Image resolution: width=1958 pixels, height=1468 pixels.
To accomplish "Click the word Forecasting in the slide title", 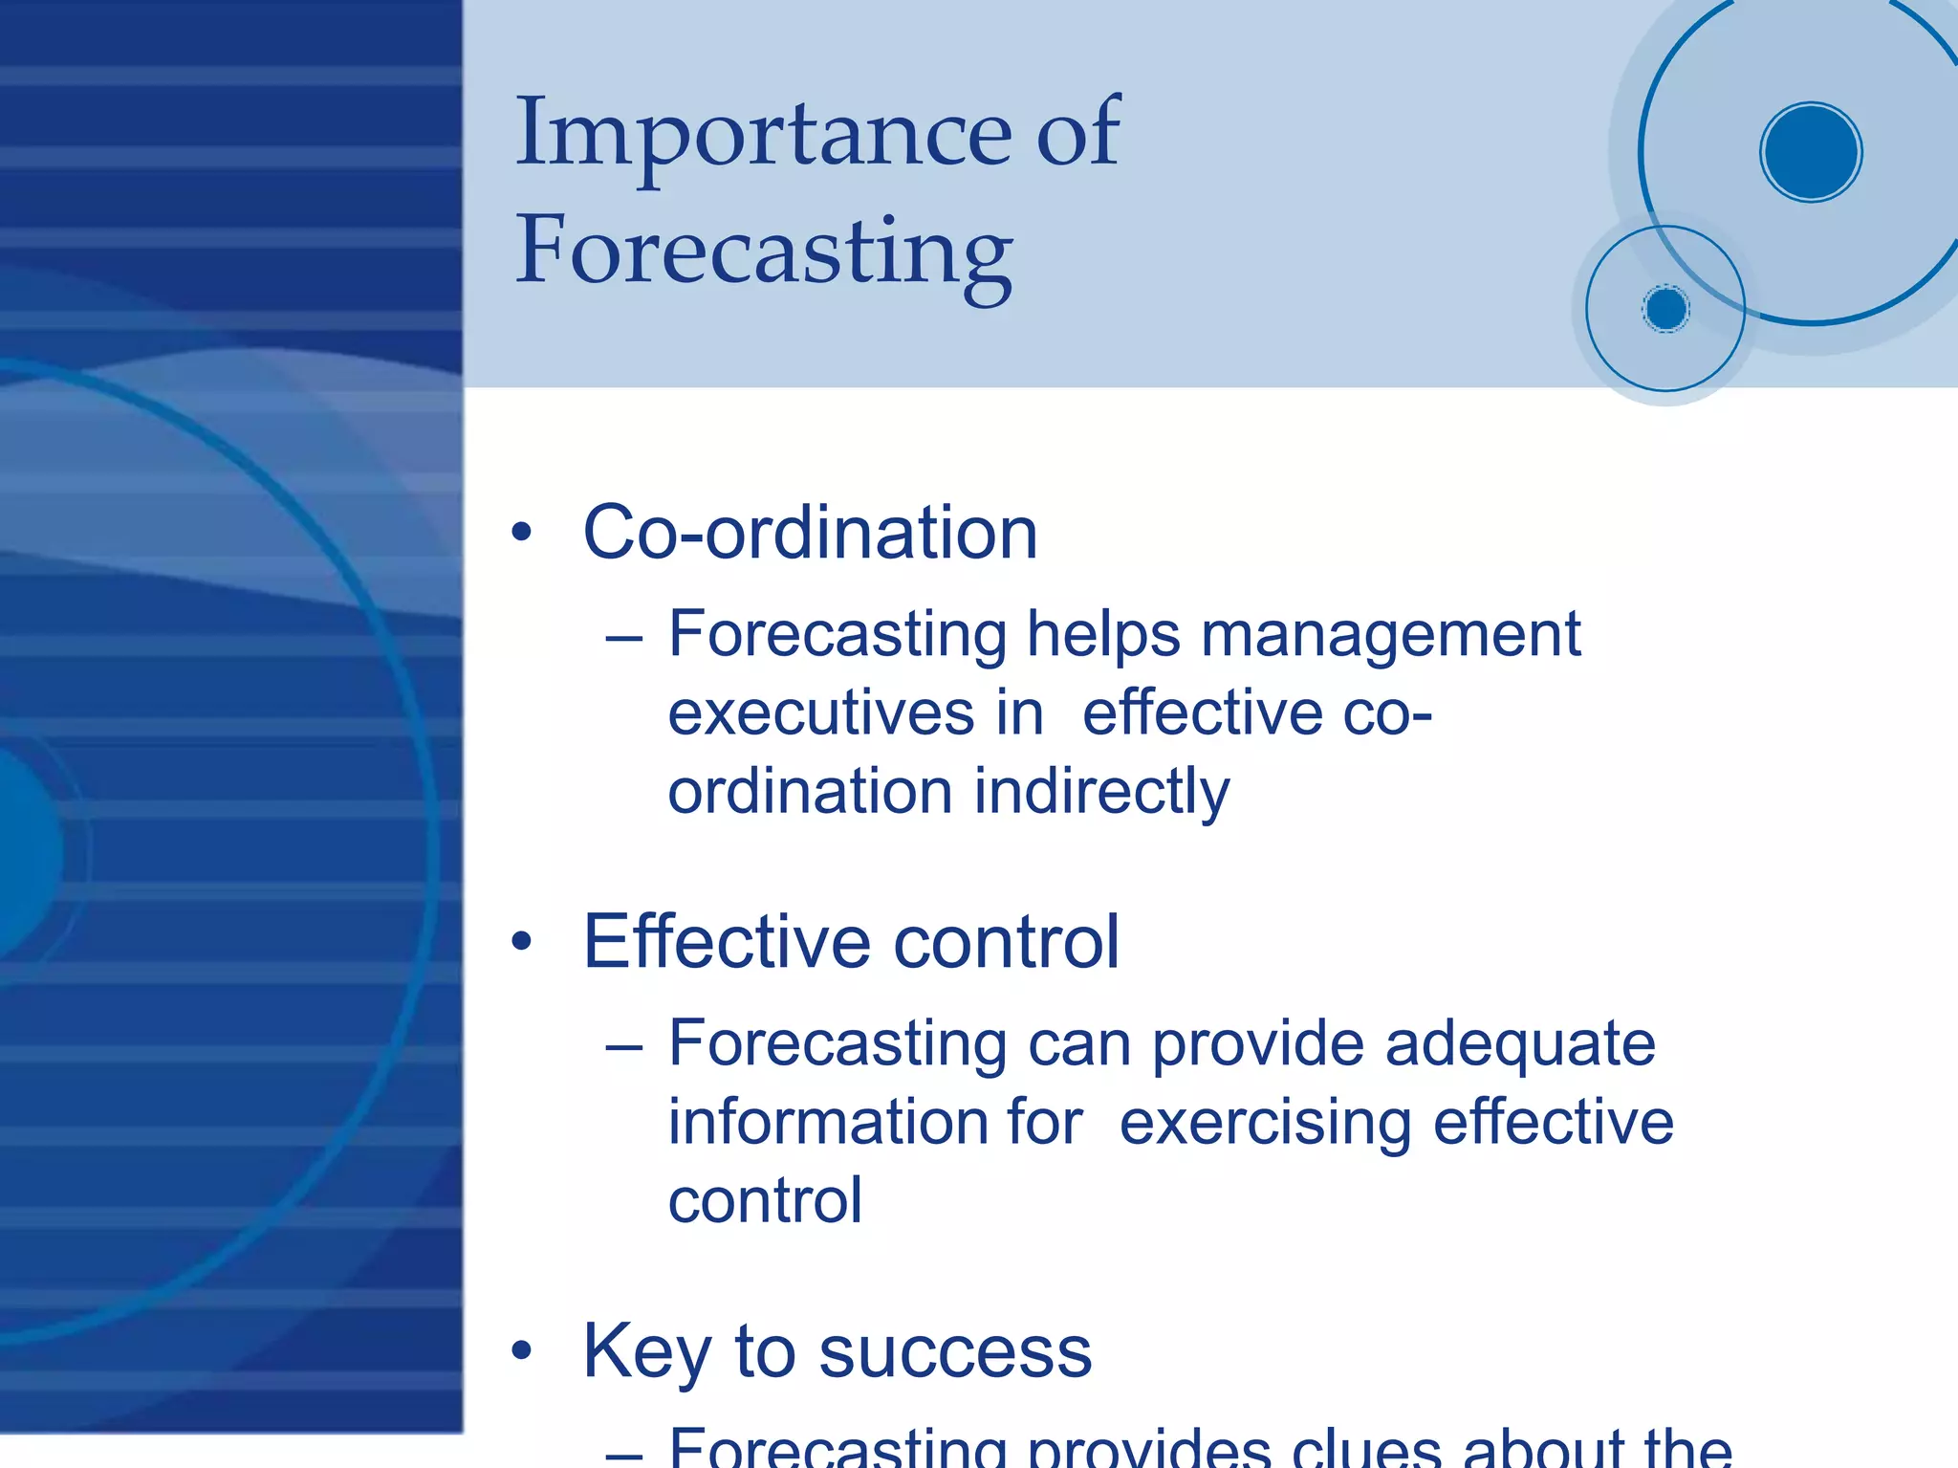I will pyautogui.click(x=763, y=251).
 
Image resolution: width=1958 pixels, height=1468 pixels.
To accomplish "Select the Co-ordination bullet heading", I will pyautogui.click(x=809, y=533).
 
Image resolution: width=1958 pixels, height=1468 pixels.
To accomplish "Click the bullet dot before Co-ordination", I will pyautogui.click(x=521, y=533).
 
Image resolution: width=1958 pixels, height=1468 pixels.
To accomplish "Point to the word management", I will pyautogui.click(x=1390, y=635).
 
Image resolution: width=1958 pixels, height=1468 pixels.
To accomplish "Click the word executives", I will pyautogui.click(x=820, y=713).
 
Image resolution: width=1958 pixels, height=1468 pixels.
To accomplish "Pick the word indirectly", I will pyautogui.click(x=1101, y=793).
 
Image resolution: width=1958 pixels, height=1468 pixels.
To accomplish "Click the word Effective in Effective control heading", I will pyautogui.click(x=727, y=942).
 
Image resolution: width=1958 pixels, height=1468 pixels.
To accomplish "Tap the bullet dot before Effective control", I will pyautogui.click(x=521, y=942).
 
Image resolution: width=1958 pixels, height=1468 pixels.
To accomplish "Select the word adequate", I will pyautogui.click(x=1520, y=1042).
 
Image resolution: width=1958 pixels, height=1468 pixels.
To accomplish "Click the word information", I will pyautogui.click(x=875, y=1122).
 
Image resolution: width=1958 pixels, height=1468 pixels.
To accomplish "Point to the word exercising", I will pyautogui.click(x=1265, y=1122).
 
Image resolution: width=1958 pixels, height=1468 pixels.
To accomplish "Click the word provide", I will pyautogui.click(x=1257, y=1042).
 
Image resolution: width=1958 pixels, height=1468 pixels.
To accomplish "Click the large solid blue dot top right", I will pyautogui.click(x=1810, y=152).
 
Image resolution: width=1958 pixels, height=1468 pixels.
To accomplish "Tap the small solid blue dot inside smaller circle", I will pyautogui.click(x=1665, y=309).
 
